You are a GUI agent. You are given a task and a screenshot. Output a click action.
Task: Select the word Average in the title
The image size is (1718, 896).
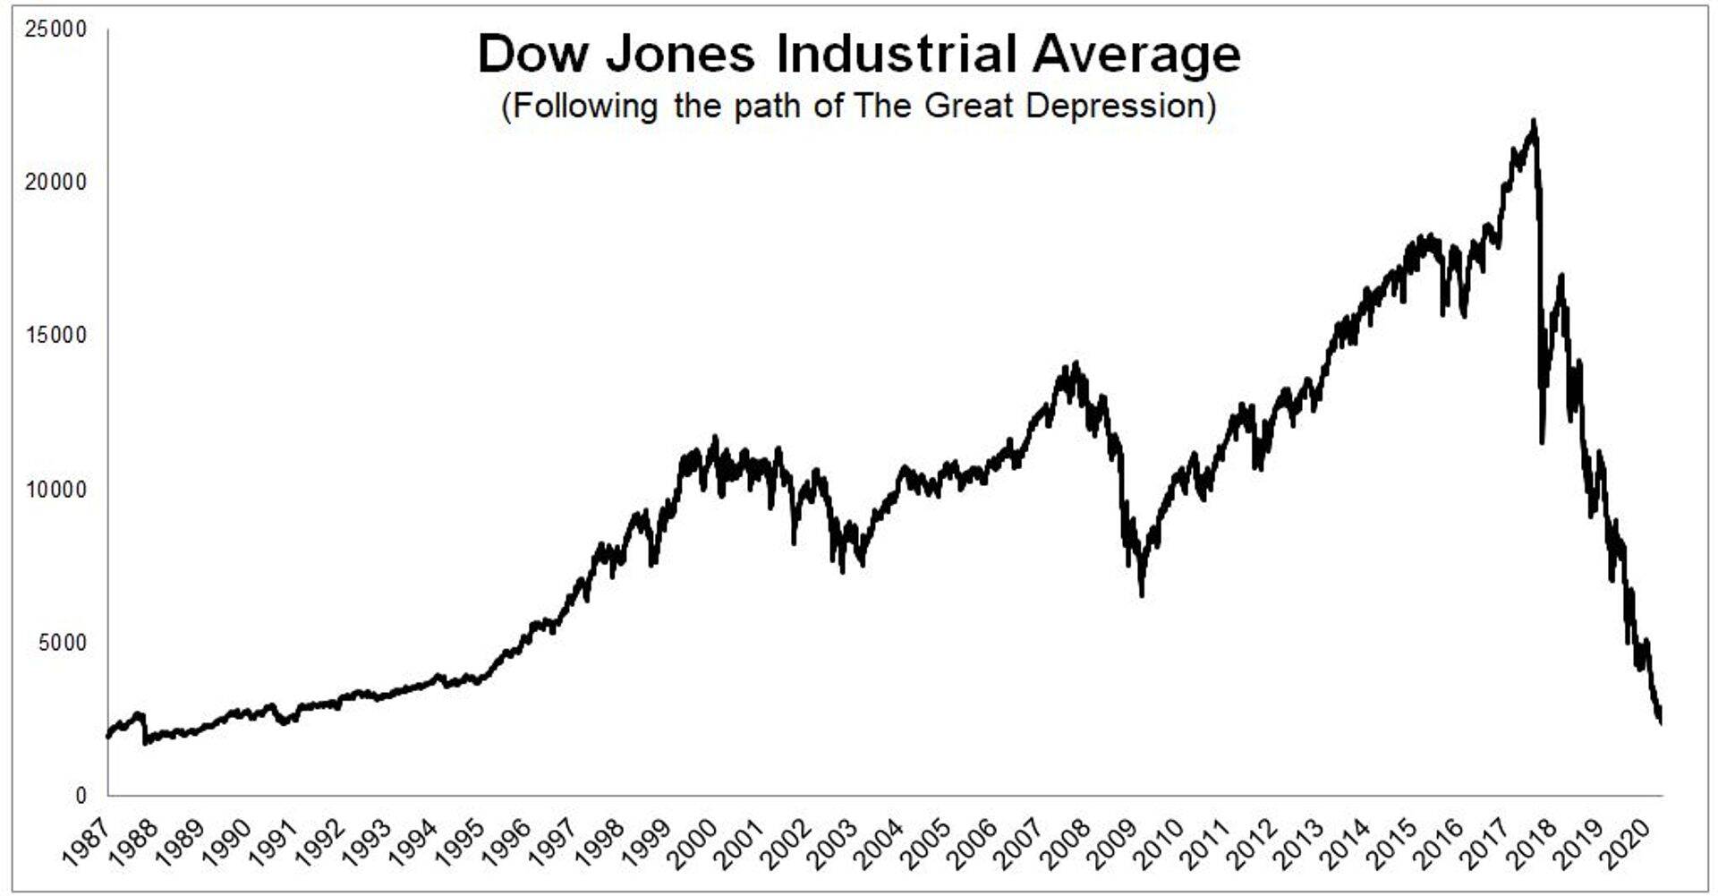click(1135, 55)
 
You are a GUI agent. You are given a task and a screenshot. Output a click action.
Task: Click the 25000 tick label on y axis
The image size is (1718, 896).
click(55, 30)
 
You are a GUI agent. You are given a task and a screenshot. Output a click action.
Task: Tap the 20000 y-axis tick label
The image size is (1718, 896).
click(55, 183)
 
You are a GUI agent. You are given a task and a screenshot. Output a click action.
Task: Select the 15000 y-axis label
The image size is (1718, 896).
click(55, 336)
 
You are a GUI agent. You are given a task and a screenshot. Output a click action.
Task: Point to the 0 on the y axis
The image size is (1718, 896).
click(81, 796)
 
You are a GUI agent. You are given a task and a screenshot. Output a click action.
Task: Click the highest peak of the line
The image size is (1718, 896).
click(1534, 121)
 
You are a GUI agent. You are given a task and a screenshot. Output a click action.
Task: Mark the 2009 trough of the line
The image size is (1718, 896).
click(1142, 593)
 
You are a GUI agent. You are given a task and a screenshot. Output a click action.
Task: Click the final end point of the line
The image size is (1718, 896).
click(1661, 721)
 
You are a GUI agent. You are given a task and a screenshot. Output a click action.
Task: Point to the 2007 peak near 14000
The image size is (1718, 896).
click(1076, 363)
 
